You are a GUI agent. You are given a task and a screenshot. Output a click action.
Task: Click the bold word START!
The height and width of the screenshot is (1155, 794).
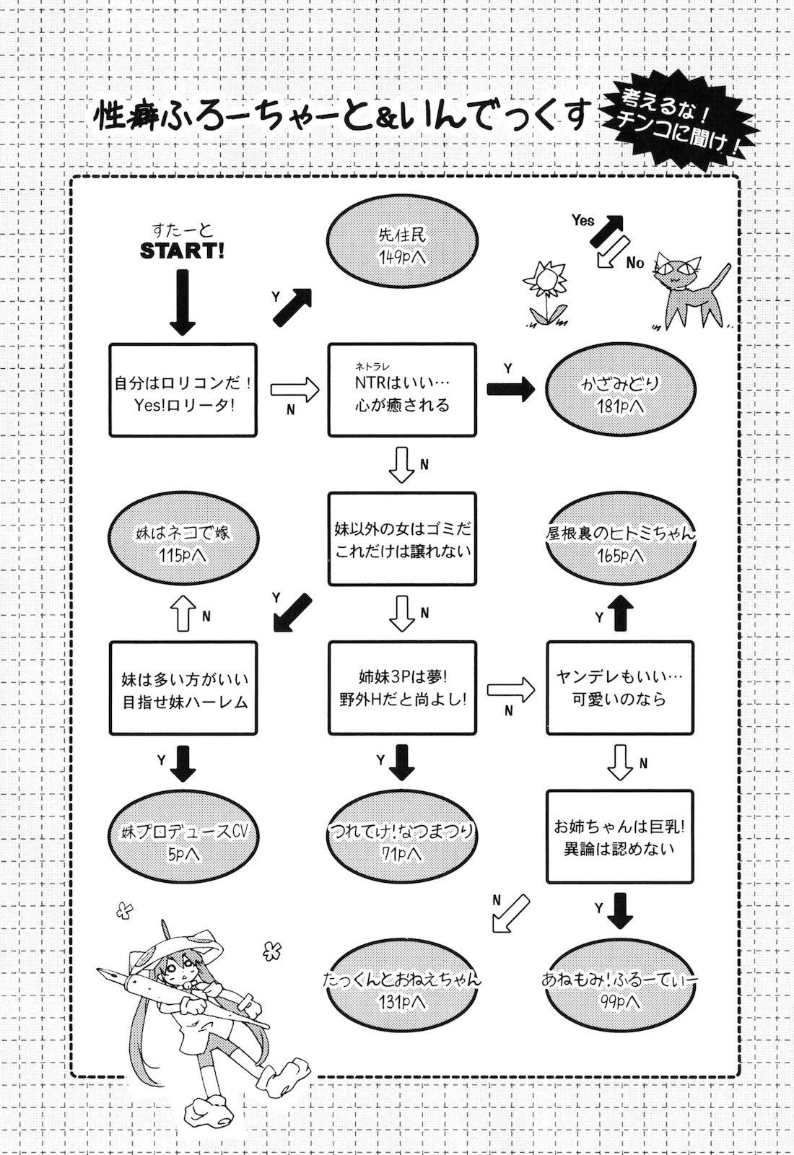point(182,250)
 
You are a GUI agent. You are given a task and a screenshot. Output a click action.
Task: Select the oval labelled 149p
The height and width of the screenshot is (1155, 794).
point(402,246)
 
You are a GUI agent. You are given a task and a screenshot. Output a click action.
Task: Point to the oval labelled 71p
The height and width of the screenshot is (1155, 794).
point(402,842)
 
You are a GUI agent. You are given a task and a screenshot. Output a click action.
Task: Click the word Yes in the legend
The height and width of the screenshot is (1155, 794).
point(583,220)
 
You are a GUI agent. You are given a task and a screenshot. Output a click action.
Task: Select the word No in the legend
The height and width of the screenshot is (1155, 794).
point(634,263)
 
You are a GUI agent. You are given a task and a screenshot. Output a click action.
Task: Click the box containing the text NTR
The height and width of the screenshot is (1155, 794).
point(402,390)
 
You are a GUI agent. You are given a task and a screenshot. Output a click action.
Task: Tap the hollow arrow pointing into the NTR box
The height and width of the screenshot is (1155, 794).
point(295,390)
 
